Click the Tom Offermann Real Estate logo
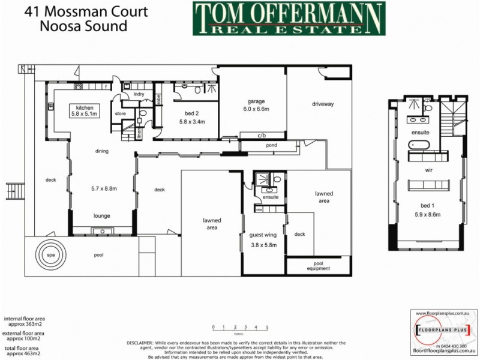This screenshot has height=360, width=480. coord(289,18)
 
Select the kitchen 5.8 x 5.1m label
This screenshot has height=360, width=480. coord(82,110)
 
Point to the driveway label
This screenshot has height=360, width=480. coord(322,104)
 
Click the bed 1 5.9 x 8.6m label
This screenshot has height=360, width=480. coord(428,210)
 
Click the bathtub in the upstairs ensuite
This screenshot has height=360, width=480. coord(418,145)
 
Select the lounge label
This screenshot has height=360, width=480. coord(101,215)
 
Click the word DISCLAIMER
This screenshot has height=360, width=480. coord(141,342)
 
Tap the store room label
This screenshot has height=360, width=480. coord(120,113)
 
